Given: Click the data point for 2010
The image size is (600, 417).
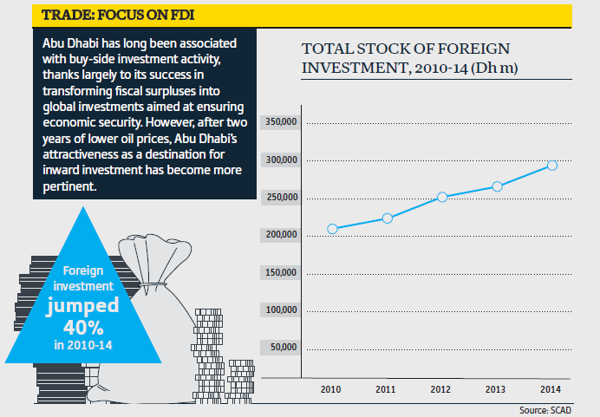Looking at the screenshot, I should point(332,229).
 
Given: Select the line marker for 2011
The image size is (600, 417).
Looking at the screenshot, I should point(387,218).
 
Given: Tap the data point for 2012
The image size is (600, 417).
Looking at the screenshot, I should point(442,197).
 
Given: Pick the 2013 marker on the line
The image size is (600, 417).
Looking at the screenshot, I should point(497,186).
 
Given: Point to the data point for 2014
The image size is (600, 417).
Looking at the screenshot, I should point(552,165).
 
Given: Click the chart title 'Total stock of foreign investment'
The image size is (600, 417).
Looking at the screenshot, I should point(405,57).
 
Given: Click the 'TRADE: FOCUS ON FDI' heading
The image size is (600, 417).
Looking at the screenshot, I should point(106,15).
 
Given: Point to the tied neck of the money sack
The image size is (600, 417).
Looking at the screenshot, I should point(157,283).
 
